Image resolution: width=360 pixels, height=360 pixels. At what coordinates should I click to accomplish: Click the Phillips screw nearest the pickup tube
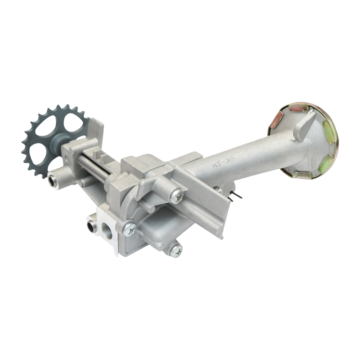[x=177, y=196]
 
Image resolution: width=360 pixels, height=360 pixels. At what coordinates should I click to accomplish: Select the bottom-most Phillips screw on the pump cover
[x=175, y=250]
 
